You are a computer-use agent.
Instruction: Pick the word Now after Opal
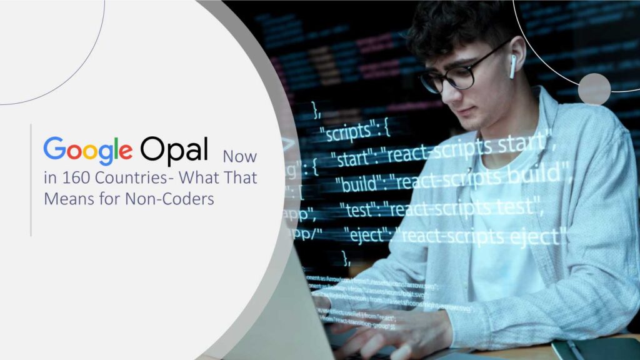(240, 156)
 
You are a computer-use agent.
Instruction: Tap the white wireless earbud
(512, 66)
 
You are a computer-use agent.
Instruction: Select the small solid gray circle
(594, 89)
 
